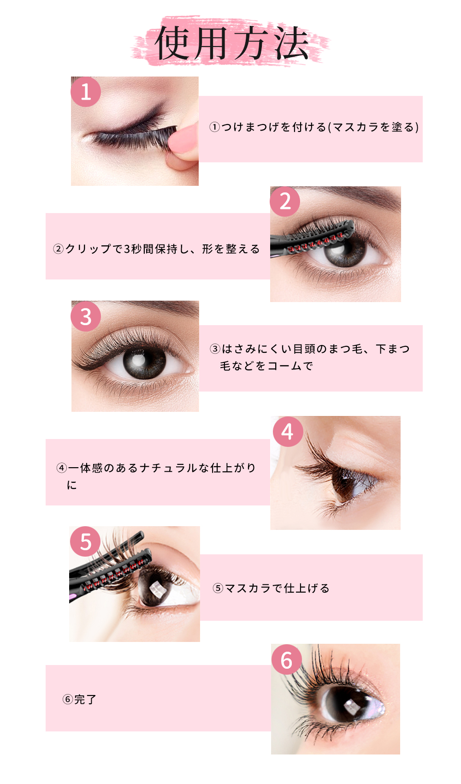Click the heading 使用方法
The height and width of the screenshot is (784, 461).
(231, 43)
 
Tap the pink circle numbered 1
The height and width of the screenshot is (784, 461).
(86, 92)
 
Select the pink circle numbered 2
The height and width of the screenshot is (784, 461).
(285, 201)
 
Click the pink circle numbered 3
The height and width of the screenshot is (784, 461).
(86, 316)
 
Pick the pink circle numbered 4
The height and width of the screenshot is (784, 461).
(288, 431)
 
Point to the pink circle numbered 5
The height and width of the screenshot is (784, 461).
(85, 541)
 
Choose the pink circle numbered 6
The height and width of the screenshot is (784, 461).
(286, 659)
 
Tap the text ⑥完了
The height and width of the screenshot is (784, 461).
(79, 699)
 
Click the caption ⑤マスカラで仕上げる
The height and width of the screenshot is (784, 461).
(271, 588)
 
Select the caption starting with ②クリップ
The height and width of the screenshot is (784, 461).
(156, 249)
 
